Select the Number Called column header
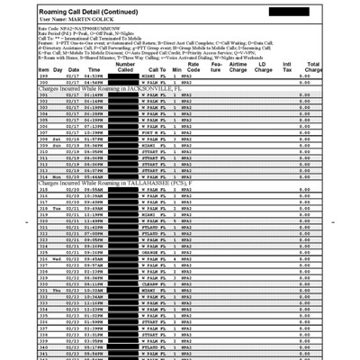(x=126, y=67)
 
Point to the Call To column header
(x=157, y=69)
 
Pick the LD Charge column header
(x=263, y=67)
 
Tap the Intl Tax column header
(x=287, y=67)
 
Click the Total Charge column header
(x=314, y=67)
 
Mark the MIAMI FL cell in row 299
(x=156, y=76)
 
